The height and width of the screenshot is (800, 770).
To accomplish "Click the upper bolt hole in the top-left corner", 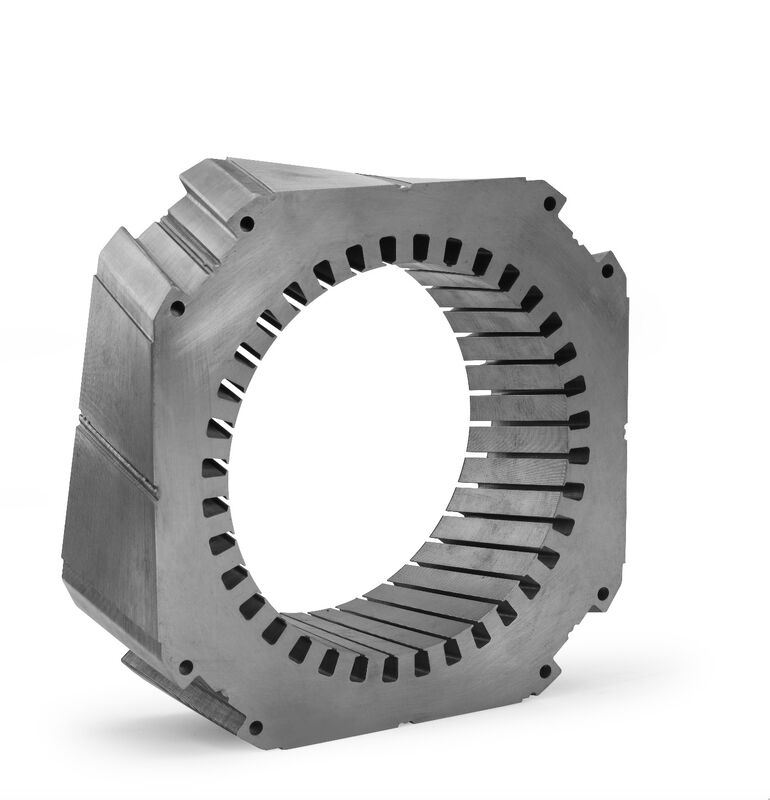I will click(247, 223).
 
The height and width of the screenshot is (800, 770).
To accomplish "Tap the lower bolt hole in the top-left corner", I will click(177, 308).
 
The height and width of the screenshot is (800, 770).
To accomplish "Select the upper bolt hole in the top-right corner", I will click(549, 204).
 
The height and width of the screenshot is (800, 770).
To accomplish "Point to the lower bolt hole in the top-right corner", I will click(606, 270).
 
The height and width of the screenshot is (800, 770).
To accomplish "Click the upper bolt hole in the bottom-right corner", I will click(602, 594).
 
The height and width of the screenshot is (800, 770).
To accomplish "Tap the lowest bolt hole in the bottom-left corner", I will click(255, 728).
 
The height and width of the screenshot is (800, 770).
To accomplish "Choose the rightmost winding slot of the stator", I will click(579, 454).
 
